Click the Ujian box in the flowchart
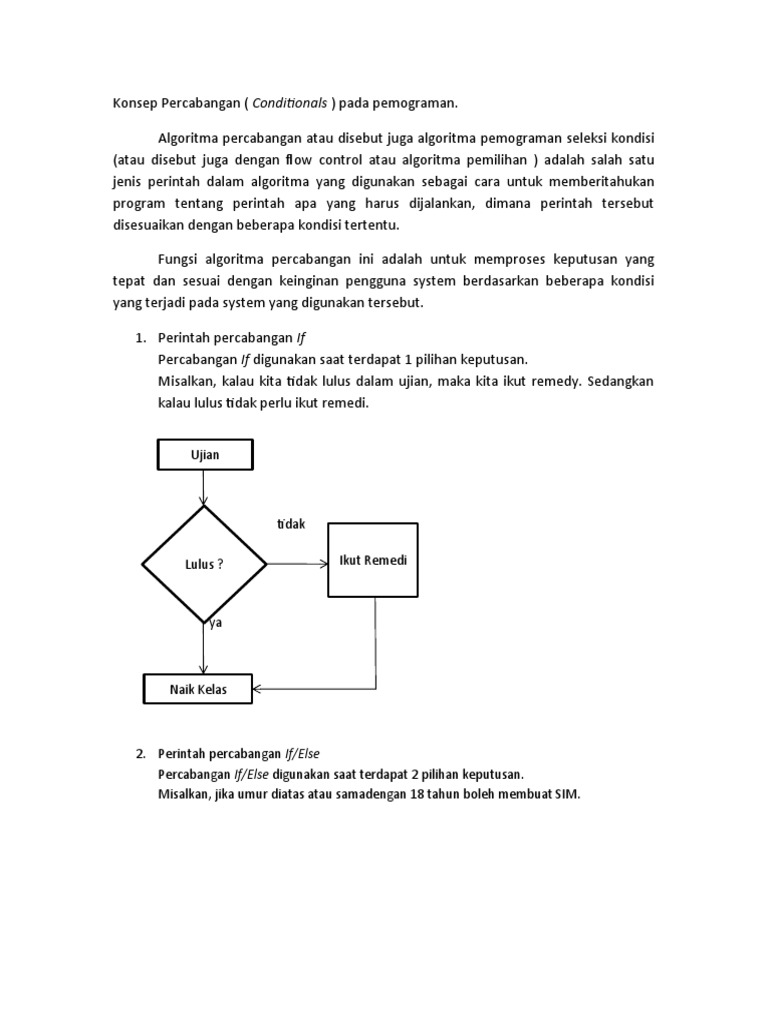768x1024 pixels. click(205, 455)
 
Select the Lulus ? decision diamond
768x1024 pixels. click(204, 564)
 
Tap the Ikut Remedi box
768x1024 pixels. click(374, 560)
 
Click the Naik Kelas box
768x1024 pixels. click(198, 690)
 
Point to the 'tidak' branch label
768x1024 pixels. click(291, 524)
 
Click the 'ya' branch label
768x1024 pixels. click(214, 622)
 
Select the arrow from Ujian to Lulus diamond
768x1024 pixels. click(204, 487)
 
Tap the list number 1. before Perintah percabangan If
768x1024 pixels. click(141, 339)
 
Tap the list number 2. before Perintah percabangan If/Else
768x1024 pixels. click(141, 753)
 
